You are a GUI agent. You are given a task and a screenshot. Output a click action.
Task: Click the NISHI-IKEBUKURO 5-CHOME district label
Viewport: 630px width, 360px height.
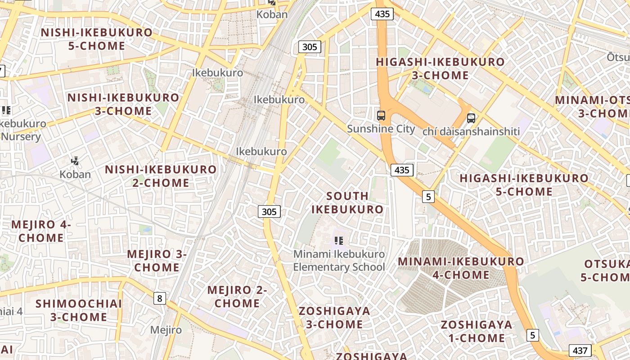[x=97, y=39]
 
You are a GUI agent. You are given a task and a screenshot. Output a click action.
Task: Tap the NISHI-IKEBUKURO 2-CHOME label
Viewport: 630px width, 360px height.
[x=161, y=176]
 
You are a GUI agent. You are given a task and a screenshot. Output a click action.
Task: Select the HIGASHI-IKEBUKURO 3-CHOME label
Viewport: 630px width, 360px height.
[x=440, y=68]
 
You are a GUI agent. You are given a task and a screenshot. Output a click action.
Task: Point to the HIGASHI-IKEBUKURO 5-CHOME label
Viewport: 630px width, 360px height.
[x=524, y=185]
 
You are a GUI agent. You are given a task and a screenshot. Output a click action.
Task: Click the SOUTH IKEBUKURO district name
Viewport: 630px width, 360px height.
[x=347, y=202]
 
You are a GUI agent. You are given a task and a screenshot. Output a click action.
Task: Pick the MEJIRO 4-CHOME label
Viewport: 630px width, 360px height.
[x=41, y=231]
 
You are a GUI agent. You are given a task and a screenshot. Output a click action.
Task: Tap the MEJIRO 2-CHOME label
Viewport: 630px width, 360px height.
[x=237, y=297]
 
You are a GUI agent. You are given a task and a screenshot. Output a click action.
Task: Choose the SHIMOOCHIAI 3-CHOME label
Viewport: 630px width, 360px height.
[x=79, y=310]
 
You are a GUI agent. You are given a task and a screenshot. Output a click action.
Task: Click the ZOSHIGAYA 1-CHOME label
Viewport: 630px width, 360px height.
[x=477, y=331]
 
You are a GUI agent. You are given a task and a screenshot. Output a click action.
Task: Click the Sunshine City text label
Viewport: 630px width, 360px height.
[x=381, y=129]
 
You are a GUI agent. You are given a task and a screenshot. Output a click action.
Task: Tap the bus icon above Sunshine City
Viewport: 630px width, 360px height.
[x=381, y=116]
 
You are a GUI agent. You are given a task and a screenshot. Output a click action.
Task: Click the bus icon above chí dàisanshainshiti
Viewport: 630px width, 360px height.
[x=471, y=118]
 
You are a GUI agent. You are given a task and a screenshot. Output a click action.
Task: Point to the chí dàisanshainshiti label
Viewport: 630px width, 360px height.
[x=471, y=131]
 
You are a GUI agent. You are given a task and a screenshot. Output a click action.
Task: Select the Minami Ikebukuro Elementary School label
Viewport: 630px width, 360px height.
[x=339, y=261]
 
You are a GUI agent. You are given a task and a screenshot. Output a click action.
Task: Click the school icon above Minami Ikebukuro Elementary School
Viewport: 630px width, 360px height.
[x=339, y=241]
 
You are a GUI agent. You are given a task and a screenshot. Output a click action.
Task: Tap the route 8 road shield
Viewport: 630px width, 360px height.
[x=160, y=298]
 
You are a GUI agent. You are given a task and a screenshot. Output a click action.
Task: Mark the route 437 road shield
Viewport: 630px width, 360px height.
[x=580, y=351]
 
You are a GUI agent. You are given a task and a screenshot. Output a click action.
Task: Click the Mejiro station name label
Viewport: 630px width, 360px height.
[x=166, y=330]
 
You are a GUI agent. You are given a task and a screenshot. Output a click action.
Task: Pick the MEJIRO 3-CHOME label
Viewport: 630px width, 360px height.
[x=157, y=261]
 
